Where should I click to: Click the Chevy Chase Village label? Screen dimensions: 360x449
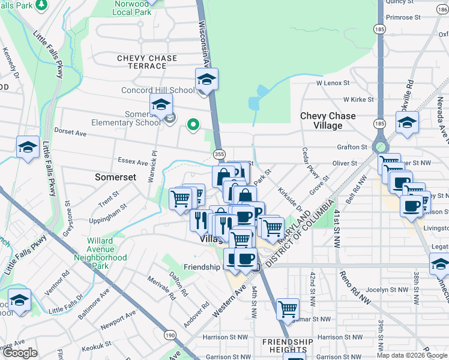point(328,121)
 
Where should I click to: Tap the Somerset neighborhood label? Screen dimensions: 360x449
point(116,178)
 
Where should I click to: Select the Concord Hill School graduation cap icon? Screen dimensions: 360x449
point(206,79)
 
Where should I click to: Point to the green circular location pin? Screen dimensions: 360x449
point(193,125)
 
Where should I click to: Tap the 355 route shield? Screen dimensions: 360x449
point(219,154)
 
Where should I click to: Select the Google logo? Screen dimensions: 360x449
point(20,353)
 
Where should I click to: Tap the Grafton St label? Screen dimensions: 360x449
point(352,147)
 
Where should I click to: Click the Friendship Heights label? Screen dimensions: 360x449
point(288,346)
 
